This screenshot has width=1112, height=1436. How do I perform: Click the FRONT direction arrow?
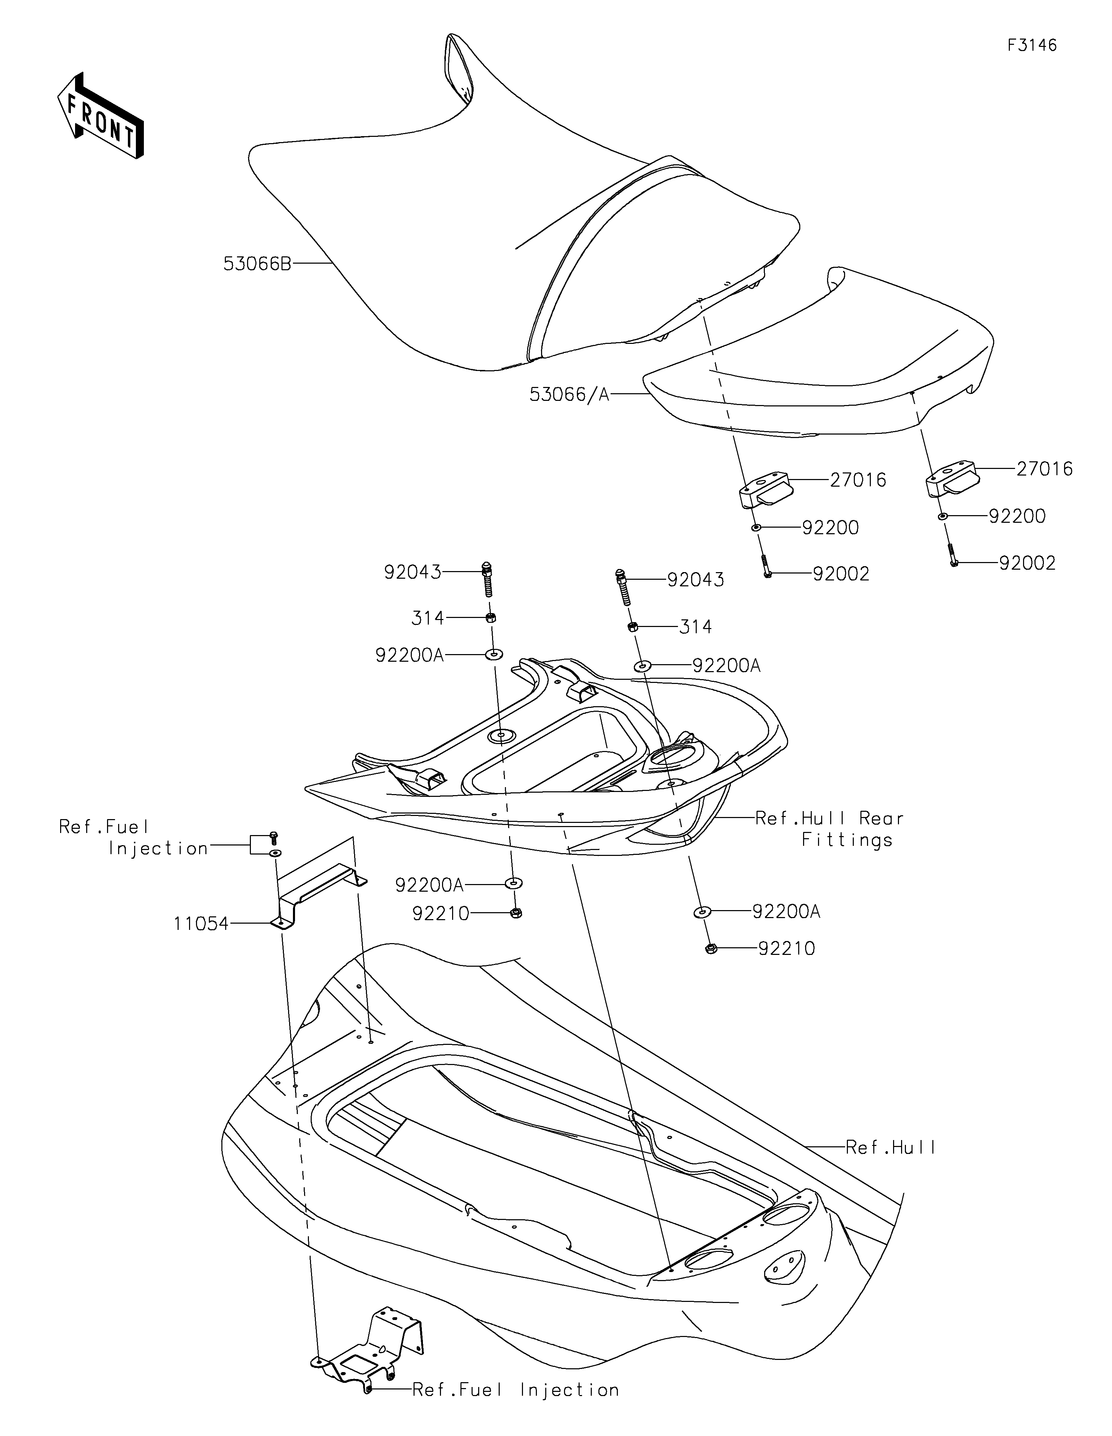[x=100, y=116]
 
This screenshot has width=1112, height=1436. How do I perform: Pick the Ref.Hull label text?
[x=890, y=1147]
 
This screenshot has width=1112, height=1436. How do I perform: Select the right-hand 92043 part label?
[x=696, y=580]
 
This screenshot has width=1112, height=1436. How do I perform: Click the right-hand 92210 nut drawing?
[x=710, y=949]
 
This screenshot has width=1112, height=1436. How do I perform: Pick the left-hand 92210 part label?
[x=441, y=914]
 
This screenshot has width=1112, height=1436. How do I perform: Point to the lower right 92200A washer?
[x=702, y=912]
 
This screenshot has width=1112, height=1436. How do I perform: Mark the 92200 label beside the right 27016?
[x=1017, y=516]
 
